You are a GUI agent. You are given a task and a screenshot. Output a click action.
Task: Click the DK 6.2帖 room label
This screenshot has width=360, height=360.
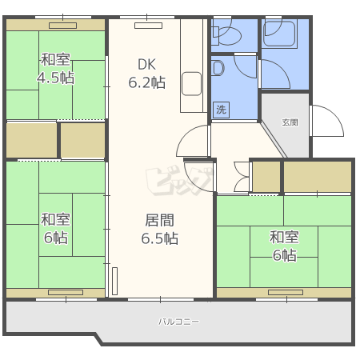click(x=147, y=74)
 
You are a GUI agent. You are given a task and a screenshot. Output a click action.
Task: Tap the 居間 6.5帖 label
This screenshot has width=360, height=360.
click(x=160, y=229)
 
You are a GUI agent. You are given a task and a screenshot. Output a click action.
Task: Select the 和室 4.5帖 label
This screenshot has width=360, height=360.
click(x=56, y=69)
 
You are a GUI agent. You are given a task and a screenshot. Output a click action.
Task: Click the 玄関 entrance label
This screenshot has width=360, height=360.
click(x=290, y=122)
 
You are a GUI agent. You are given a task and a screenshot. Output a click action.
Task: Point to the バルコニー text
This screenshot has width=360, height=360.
click(x=178, y=322)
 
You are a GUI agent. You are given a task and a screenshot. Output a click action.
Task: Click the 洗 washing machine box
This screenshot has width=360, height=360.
click(x=221, y=110)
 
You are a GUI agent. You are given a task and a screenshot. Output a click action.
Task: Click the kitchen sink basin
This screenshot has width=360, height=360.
click(x=191, y=84)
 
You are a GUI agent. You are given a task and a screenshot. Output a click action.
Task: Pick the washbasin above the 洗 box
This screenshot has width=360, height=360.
click(x=218, y=68)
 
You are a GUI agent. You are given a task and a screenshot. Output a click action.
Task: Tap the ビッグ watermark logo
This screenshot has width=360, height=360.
click(x=179, y=180)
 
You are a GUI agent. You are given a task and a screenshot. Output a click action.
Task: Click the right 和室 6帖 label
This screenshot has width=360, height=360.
click(x=284, y=246)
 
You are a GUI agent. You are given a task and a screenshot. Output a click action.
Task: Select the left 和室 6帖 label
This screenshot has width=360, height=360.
click(x=56, y=228)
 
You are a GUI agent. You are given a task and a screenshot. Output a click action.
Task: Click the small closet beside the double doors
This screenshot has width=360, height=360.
click(x=266, y=177)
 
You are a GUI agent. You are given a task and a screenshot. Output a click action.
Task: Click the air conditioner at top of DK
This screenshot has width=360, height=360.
click(x=148, y=26)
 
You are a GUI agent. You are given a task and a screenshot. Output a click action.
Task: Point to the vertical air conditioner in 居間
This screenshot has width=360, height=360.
click(x=114, y=281)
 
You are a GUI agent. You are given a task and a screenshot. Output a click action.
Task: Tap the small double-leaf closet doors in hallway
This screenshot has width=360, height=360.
click(x=242, y=177)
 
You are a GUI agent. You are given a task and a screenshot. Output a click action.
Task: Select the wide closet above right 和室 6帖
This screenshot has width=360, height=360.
click(x=318, y=177)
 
